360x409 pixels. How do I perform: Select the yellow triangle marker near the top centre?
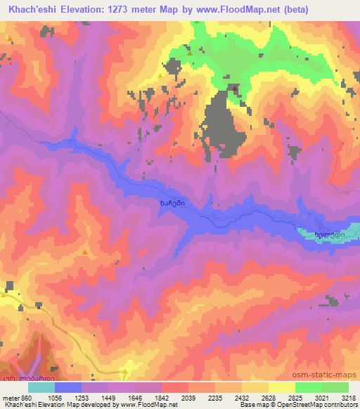160,74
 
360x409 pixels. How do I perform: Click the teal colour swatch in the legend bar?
41,387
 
